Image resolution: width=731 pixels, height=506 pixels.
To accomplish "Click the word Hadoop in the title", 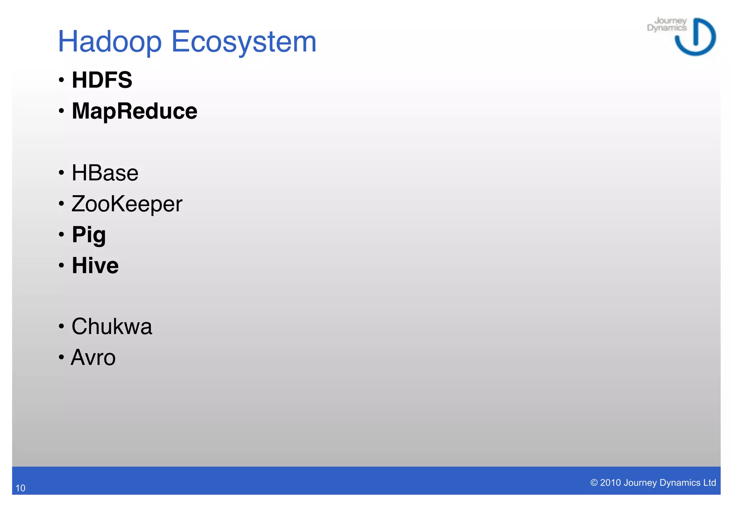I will pos(110,42).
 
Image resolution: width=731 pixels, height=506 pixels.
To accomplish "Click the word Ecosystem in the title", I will pos(244,42).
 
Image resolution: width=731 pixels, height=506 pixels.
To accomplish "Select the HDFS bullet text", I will pos(102,80).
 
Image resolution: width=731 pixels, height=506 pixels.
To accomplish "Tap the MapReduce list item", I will pos(134,111).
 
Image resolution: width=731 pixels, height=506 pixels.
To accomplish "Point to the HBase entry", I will pos(105,173).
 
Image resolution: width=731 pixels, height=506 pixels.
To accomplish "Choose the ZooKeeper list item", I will pos(127,204).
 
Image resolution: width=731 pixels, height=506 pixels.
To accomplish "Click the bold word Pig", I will pos(89,235).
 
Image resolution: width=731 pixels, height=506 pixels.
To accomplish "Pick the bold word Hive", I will pos(95,266).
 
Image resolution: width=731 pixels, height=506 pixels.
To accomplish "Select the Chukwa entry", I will pos(112,327).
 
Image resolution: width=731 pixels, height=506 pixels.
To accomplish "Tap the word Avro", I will pos(93,358).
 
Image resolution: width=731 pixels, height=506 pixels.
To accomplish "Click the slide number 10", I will pos(20,488).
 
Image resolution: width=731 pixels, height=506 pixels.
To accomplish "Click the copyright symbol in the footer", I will pos(594,483).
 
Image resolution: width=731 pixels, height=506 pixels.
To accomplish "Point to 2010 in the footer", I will pos(610,483).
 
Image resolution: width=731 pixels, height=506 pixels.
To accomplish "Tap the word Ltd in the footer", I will pos(709,483).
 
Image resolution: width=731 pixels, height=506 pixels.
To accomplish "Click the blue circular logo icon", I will pos(696,37).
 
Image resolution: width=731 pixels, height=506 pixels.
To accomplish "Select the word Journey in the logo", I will pos(670,21).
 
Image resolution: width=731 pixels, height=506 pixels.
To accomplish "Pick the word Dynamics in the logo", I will pos(666,28).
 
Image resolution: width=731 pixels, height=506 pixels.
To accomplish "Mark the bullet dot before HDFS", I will pos(62,80).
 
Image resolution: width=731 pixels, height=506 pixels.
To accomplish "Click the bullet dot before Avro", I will pos(62,357).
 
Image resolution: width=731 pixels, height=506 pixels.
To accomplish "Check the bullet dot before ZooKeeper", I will pos(62,204).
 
